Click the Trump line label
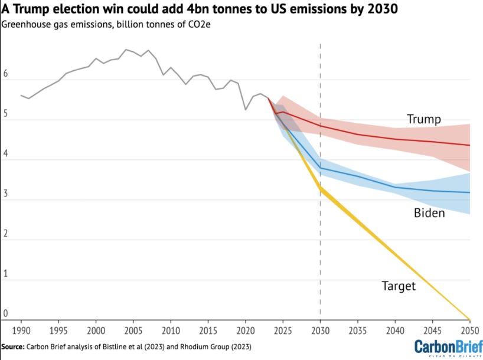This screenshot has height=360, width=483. click(423, 120)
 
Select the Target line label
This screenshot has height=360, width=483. click(399, 287)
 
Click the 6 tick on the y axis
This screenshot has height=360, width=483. click(6, 75)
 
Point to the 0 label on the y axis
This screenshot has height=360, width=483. click(6, 313)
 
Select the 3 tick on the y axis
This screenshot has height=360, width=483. click(6, 195)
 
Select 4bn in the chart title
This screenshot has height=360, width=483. click(180, 10)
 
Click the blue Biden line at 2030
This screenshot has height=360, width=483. click(320, 169)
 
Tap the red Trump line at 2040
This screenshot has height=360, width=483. click(395, 139)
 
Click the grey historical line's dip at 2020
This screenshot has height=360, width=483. click(246, 109)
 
